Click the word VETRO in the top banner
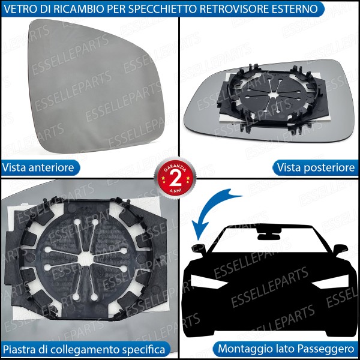22,8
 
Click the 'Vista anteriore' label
39,167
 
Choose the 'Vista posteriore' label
316,167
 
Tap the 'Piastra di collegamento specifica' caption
84,349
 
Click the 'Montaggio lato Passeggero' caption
286,349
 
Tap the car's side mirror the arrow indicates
199,248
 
